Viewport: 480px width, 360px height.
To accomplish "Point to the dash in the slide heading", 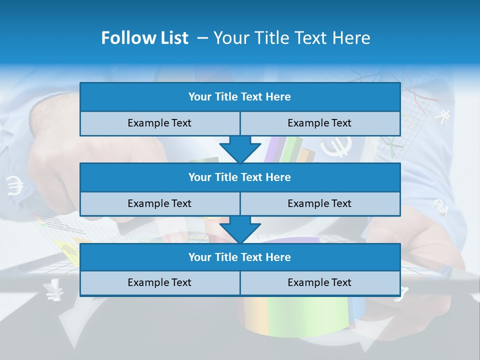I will tap(203, 38).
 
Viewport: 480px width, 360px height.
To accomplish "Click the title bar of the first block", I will tap(240, 97).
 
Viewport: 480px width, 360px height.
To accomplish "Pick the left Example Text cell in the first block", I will tap(159, 123).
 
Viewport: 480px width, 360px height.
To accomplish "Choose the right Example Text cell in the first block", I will tap(320, 123).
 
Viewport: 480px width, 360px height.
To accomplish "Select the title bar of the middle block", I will tap(240, 177).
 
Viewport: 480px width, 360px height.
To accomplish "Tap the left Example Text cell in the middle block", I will tap(159, 203).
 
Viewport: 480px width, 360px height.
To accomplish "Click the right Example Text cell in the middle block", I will tap(320, 203).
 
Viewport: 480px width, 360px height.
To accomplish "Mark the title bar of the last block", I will tap(240, 257).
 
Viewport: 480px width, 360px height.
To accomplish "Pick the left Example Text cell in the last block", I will tap(159, 282).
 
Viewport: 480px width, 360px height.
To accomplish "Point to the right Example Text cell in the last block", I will tap(320, 282).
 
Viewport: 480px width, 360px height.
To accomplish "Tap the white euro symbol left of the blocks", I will tap(15, 186).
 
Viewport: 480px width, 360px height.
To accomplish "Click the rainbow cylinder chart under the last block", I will tap(290, 315).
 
